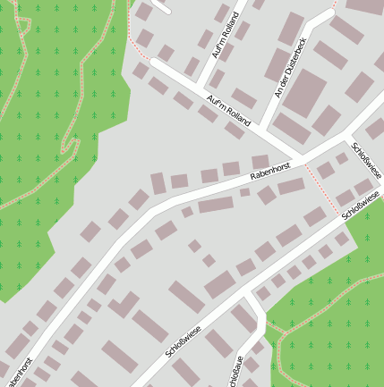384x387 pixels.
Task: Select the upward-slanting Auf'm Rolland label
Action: click(226, 38)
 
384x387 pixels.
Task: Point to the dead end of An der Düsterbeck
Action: click(330, 14)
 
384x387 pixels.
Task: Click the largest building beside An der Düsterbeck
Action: click(305, 92)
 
